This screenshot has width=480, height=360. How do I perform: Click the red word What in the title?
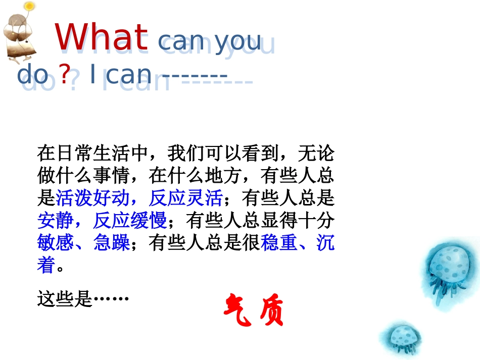101,37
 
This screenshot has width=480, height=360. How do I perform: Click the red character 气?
238,308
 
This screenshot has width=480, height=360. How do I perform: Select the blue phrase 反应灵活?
185,198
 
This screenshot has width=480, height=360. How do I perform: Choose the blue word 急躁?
112,243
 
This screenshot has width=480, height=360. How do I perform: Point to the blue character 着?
46,265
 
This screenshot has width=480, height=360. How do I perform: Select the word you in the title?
238,41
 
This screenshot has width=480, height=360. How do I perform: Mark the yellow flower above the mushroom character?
30,7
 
